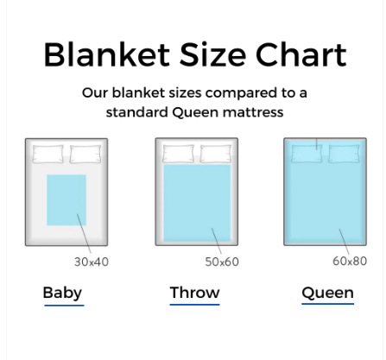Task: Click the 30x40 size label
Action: [91, 261]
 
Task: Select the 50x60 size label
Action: [221, 261]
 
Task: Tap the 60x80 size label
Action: [349, 261]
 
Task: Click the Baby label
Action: [62, 292]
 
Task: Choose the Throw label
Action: [194, 292]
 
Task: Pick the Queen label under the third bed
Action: [327, 292]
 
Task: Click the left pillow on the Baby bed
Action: [48, 155]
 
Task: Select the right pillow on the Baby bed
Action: [85, 155]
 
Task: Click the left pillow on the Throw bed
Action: [179, 154]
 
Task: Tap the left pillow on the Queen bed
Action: [307, 154]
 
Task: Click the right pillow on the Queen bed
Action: [344, 154]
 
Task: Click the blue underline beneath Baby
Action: [63, 305]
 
